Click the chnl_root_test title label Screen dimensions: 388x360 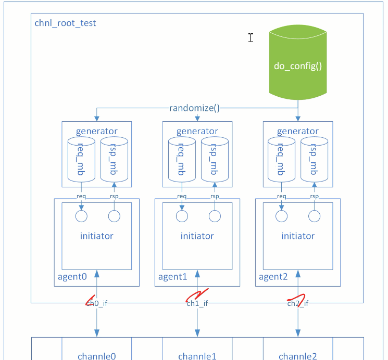(65, 23)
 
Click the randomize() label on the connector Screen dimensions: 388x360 (194, 108)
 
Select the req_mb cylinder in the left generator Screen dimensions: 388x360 (81, 159)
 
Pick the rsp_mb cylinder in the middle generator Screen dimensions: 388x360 (215, 159)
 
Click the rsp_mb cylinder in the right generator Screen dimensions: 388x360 (314, 159)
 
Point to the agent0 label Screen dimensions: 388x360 (72, 277)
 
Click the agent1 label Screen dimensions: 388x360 (173, 277)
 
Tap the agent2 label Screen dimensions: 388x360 (273, 277)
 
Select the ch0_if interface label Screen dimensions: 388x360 (97, 303)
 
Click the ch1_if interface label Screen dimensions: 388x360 (197, 303)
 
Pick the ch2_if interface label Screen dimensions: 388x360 (298, 303)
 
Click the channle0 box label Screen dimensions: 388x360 (97, 356)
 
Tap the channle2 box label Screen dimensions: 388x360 (298, 356)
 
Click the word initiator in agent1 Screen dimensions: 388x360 (197, 236)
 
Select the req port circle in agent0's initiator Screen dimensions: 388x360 (81, 216)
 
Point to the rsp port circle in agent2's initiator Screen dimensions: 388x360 (314, 216)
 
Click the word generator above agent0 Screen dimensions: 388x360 (97, 131)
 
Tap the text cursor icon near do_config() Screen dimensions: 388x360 (251, 38)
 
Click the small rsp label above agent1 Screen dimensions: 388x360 (215, 196)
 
